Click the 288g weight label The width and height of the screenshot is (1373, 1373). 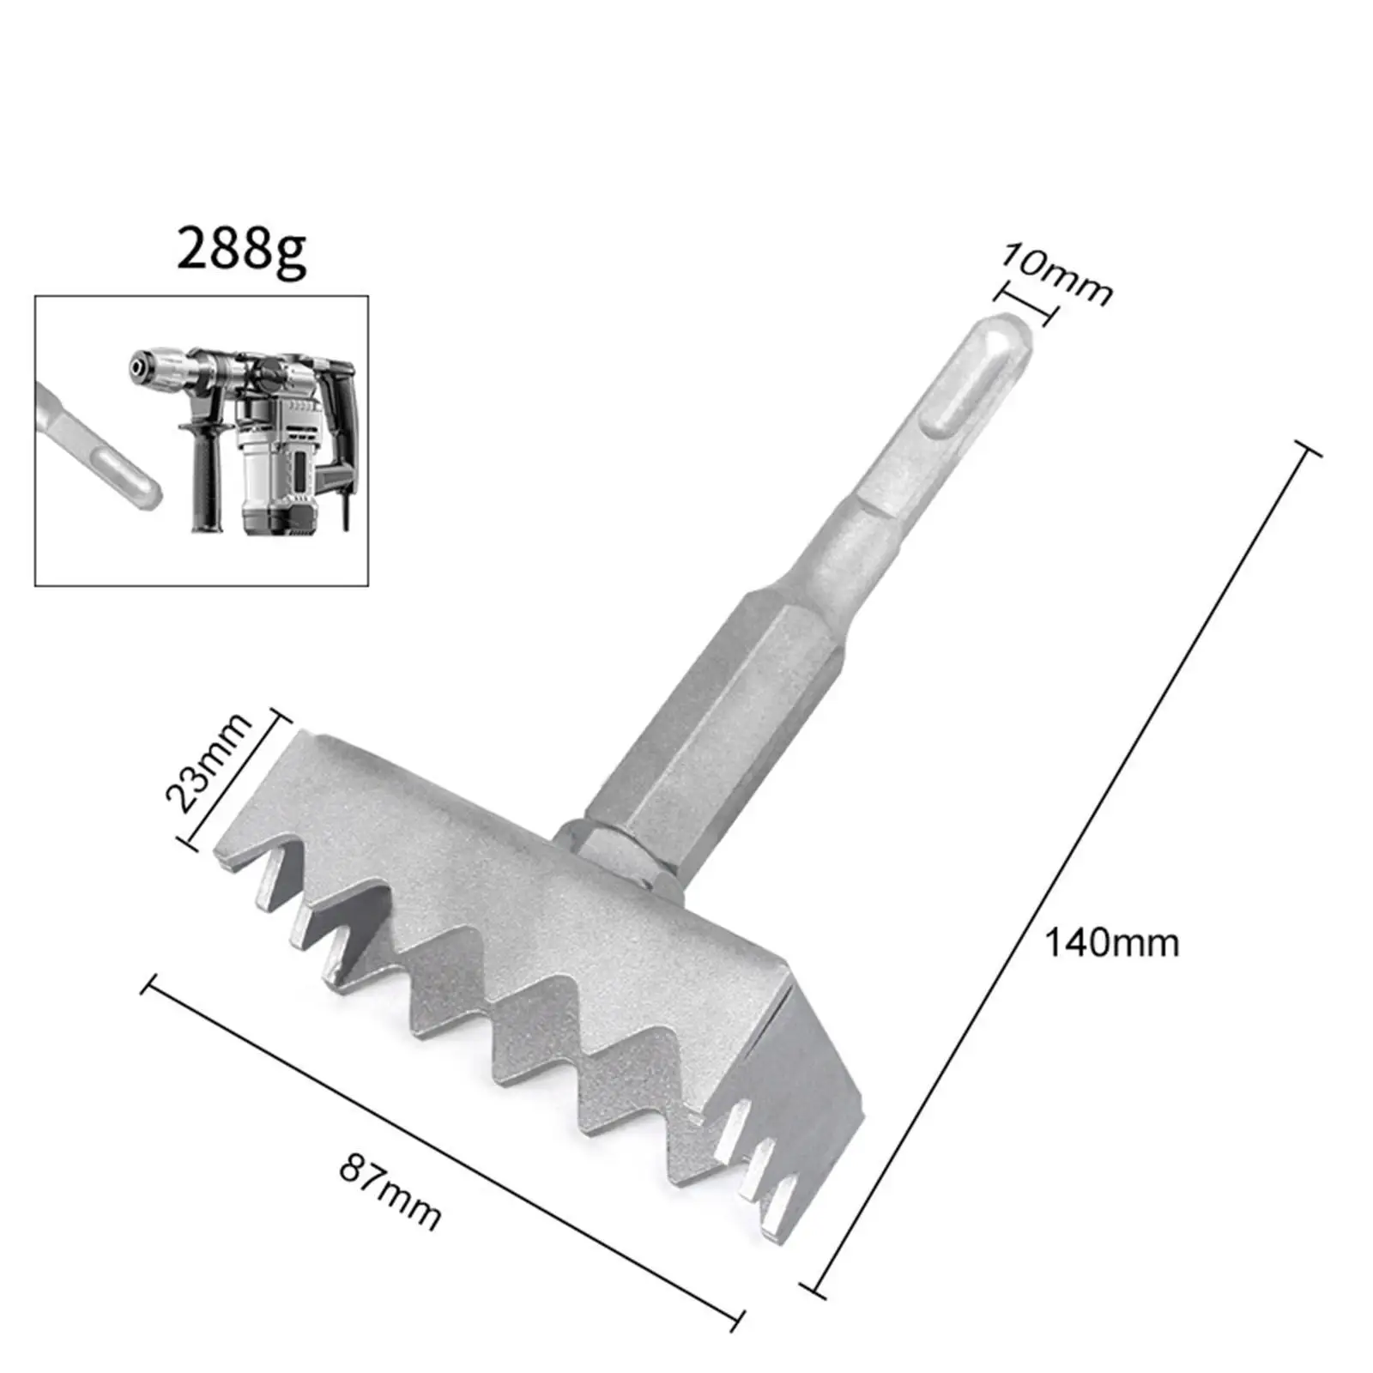tap(241, 250)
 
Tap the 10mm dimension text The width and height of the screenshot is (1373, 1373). tap(1056, 274)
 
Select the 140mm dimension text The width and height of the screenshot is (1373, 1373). tap(1110, 943)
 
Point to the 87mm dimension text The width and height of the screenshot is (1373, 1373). tap(390, 1193)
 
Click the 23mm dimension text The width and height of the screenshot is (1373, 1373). tap(209, 762)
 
